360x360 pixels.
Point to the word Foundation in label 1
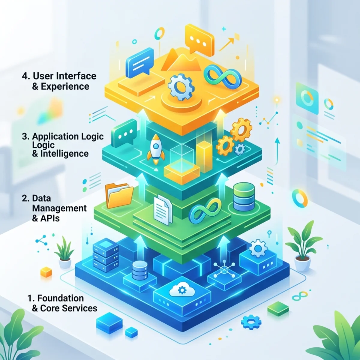pyautogui.click(x=61, y=298)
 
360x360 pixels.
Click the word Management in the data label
pyautogui.click(x=59, y=208)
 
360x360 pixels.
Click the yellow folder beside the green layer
pyautogui.click(x=119, y=196)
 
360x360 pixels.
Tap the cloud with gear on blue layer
pyautogui.click(x=182, y=289)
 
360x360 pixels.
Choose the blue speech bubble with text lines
pyautogui.click(x=139, y=63)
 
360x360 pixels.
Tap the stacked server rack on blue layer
pyautogui.click(x=106, y=255)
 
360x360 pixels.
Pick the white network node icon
pyautogui.click(x=224, y=269)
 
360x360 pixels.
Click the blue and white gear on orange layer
pyautogui.click(x=181, y=87)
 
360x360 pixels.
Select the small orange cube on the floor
pyautogui.click(x=46, y=271)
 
